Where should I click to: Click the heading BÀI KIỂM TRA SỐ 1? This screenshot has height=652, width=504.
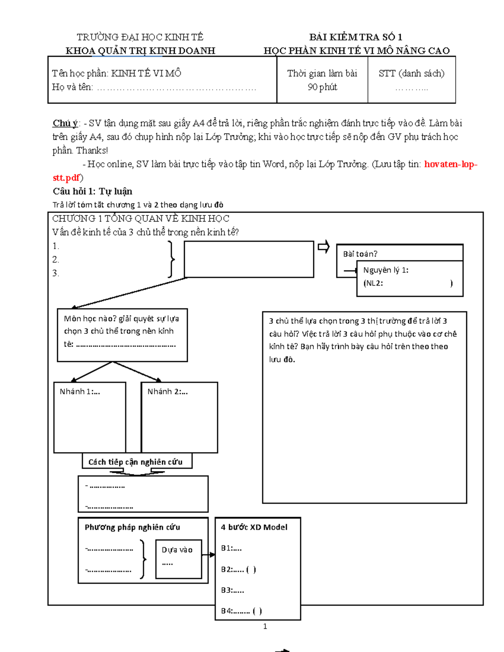356,37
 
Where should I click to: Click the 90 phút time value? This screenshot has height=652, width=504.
322,87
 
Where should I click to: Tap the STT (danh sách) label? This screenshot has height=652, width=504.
411,73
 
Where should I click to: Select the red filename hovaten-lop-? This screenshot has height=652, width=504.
450,164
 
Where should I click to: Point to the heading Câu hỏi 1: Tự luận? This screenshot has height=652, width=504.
92,191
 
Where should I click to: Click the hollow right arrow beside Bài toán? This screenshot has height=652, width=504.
323,247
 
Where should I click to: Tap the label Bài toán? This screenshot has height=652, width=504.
360,254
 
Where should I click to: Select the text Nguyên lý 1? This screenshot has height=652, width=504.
386,270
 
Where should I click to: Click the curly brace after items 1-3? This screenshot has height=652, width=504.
171,259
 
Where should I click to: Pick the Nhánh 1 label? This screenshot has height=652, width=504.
80,392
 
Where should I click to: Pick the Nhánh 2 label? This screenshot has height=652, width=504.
167,392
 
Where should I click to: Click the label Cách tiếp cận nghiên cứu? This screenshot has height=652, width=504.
135,462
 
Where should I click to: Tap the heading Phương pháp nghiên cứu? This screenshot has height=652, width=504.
132,527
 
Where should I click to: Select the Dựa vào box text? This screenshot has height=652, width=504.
177,550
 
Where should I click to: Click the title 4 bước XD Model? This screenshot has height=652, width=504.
254,527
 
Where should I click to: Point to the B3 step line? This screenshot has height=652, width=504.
232,590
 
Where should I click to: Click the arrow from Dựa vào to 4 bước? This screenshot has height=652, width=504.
208,555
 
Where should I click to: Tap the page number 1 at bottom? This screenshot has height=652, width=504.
265,626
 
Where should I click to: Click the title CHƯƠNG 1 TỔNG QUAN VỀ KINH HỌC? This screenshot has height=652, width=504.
141,219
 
